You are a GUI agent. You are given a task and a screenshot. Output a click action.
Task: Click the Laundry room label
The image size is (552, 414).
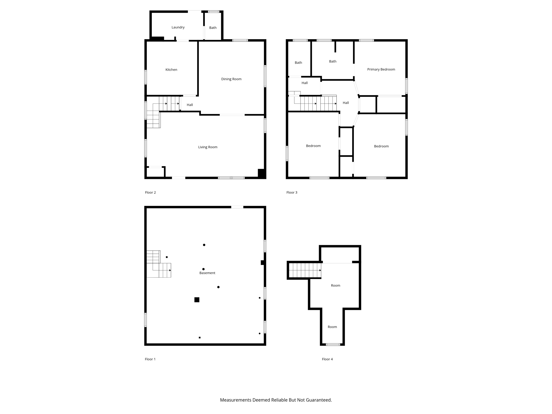pos(178,27)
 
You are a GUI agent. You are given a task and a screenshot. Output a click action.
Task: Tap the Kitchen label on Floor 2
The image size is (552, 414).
pos(171,70)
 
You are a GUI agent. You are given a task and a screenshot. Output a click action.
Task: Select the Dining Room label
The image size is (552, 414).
pos(231,79)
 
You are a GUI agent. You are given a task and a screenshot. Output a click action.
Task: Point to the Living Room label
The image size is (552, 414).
pos(208,147)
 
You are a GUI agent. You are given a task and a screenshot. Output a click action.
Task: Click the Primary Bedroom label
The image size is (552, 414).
pos(381,69)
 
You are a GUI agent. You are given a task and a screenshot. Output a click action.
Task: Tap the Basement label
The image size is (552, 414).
pos(207,273)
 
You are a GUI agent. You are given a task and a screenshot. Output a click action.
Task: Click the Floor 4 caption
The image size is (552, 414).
pos(327,359)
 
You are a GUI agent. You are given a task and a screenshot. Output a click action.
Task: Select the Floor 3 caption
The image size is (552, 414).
pos(292,192)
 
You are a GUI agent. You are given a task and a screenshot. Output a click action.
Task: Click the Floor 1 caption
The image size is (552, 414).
pos(150,359)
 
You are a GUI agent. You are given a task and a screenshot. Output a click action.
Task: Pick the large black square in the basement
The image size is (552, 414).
pos(197,300)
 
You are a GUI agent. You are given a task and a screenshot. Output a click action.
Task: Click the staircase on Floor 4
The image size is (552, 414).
pos(305,270)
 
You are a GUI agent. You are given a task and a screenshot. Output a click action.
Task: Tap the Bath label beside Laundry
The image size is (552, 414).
pos(213,27)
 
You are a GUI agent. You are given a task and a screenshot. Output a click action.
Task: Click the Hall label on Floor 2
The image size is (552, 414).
pos(190,105)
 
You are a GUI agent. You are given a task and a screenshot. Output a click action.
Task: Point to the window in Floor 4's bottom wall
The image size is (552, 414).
pos(333,344)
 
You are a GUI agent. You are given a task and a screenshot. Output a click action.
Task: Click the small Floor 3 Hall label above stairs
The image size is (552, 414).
pos(305,83)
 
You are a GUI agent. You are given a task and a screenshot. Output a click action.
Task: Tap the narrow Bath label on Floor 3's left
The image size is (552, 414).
pos(298,63)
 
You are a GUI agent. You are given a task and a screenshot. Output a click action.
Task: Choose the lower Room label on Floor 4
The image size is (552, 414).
pos(332,327)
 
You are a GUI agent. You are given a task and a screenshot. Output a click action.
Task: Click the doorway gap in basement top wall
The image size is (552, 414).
pos(237,207)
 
